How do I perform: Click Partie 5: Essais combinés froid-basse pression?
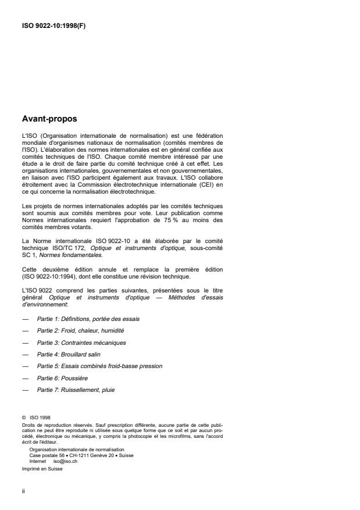pyautogui.click(x=99, y=366)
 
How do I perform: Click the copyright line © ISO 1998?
pyautogui.click(x=36, y=416)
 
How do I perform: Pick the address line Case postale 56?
pyautogui.click(x=46, y=455)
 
